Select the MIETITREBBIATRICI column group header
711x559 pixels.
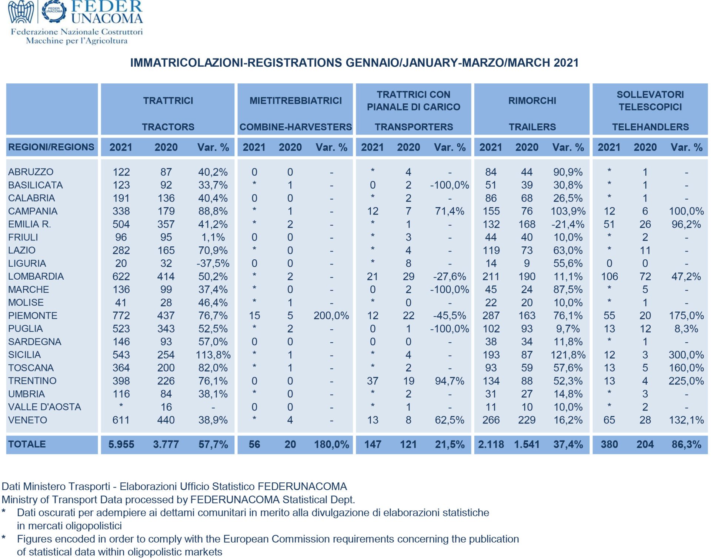[x=296, y=100]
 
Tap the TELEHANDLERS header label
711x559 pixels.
[x=650, y=127]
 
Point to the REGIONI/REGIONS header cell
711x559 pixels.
[x=51, y=147]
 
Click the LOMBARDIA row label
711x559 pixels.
[x=36, y=276]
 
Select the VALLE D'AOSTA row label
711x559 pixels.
[x=44, y=407]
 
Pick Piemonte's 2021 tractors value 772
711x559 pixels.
[x=121, y=316]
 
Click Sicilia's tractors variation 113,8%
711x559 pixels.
[x=213, y=355]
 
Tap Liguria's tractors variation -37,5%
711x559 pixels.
[x=213, y=263]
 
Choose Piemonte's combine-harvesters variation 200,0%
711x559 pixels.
[x=331, y=316]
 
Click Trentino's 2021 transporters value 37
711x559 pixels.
[x=373, y=381]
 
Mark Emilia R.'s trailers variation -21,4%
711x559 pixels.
[x=568, y=224]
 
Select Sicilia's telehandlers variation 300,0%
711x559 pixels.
[x=686, y=355]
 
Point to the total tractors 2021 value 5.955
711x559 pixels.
[x=121, y=444]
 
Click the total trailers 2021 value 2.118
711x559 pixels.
[x=491, y=444]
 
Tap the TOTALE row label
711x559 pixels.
[x=27, y=444]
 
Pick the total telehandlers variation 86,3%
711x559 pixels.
[x=686, y=444]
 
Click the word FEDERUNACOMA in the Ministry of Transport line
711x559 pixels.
[x=235, y=500]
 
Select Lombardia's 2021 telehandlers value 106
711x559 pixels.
[x=609, y=276]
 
